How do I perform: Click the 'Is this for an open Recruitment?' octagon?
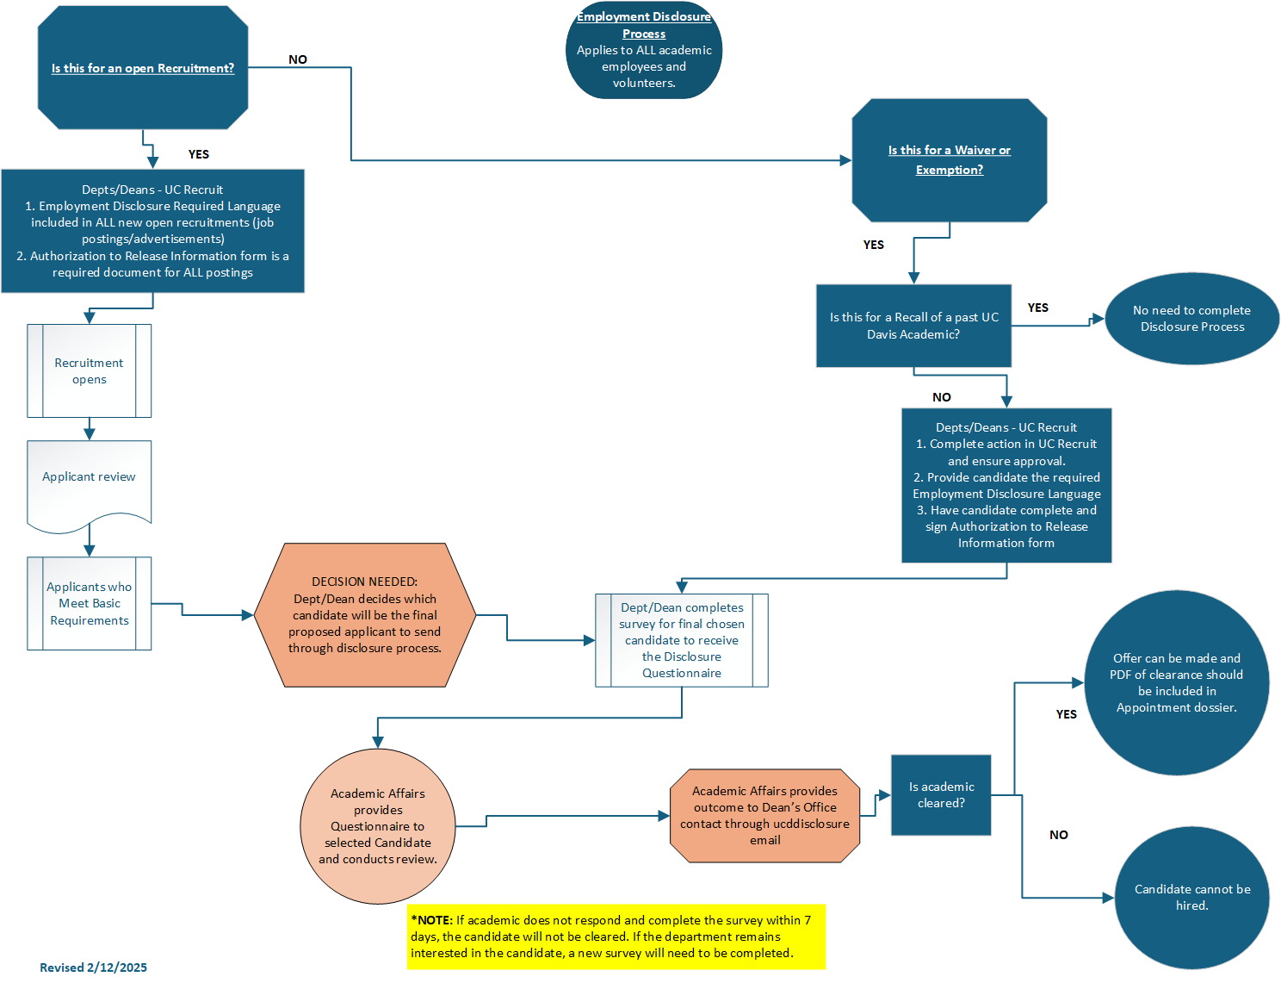tap(143, 68)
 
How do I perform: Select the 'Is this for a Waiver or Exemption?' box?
tap(949, 160)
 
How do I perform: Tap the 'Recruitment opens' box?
tap(90, 371)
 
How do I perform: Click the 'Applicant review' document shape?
tap(90, 478)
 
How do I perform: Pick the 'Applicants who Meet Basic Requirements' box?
tap(90, 603)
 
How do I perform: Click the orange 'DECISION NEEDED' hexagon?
tap(365, 615)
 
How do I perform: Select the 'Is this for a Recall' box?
tap(913, 326)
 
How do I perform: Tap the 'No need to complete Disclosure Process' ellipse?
tap(1191, 319)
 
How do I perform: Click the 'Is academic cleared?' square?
tap(941, 794)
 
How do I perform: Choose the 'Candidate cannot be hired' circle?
tap(1191, 897)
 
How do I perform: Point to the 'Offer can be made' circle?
tap(1176, 682)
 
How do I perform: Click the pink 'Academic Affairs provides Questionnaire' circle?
tap(378, 826)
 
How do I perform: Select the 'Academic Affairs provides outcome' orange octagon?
tap(764, 815)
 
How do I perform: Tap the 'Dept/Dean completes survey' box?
tap(682, 640)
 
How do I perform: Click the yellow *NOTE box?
tap(616, 936)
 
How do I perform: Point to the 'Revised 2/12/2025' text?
tap(93, 967)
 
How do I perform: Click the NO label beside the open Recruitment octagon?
tap(298, 59)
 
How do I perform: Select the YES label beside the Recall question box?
tap(1038, 308)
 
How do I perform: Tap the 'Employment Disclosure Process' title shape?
tap(644, 52)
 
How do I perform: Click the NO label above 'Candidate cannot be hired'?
tap(1059, 835)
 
